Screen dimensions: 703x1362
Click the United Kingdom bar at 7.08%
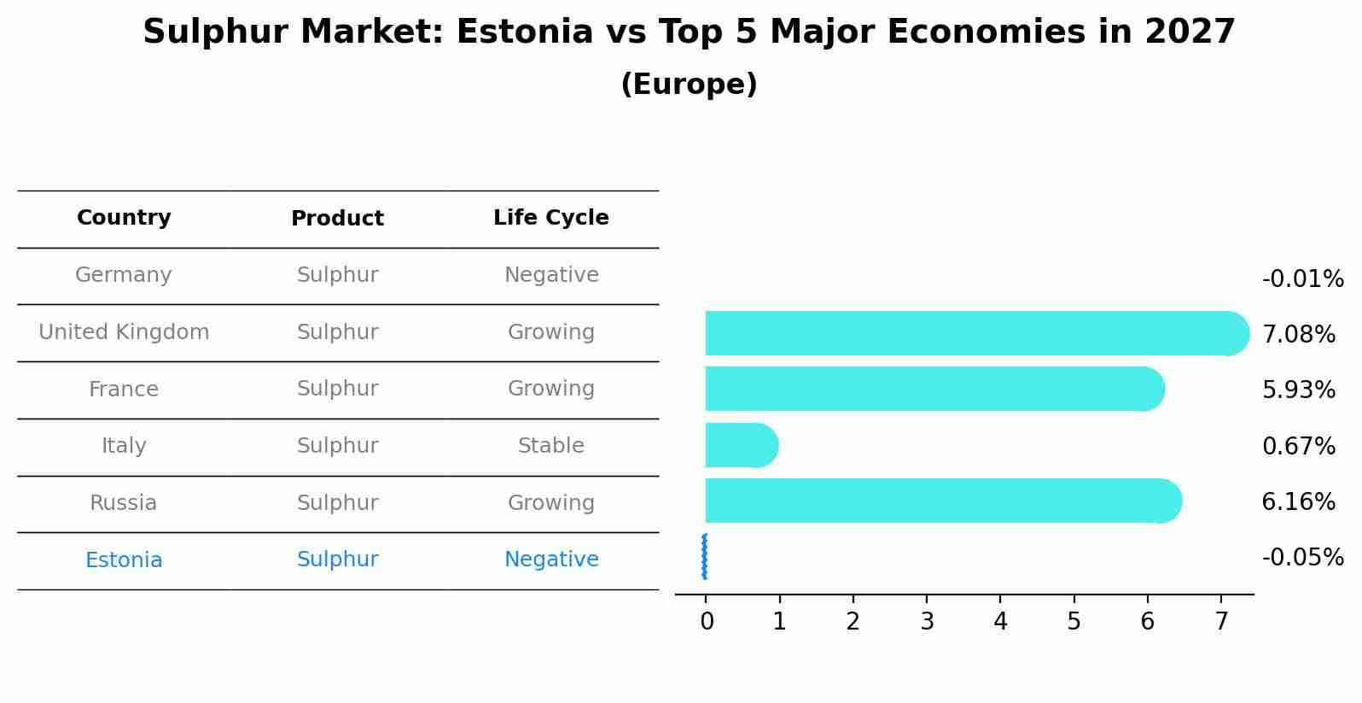[973, 333]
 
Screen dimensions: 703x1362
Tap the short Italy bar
[739, 445]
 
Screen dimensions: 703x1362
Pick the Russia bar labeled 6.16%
[939, 501]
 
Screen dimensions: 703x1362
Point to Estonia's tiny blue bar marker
[704, 557]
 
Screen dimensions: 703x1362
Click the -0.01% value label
[1302, 279]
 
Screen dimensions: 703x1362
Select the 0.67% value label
[1298, 446]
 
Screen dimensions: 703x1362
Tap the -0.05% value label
[1302, 558]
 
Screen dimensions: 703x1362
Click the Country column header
[124, 218]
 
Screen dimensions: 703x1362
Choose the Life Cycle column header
[550, 218]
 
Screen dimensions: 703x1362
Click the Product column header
[337, 219]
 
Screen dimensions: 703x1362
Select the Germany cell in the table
[124, 275]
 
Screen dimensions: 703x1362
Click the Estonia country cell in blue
[124, 560]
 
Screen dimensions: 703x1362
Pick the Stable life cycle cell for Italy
[550, 446]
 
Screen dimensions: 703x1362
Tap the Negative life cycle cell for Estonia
[550, 559]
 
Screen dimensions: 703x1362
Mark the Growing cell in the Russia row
[550, 503]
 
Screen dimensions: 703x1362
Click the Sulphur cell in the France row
[337, 389]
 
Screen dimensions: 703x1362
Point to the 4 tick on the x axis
[1000, 622]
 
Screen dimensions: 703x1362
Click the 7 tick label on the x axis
[1221, 622]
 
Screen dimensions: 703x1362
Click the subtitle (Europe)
[689, 85]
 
